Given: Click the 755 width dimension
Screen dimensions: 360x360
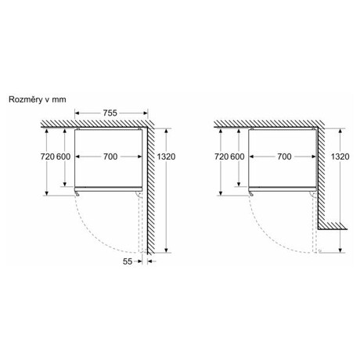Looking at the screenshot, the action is pos(110,113).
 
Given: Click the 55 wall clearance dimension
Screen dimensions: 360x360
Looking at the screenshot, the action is pos(128,261).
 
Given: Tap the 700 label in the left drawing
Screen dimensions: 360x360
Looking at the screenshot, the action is pos(110,157).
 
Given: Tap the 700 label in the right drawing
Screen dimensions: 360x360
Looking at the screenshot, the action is pos(284,157).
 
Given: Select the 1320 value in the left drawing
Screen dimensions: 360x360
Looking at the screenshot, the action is pos(166,157).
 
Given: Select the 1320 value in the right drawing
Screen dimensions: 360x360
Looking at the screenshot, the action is pos(340,157).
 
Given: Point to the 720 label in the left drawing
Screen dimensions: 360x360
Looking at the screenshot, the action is pos(48,157).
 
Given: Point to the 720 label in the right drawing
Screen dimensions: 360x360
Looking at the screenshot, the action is pos(221,157).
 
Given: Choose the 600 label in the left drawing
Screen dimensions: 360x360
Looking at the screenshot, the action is pos(63,157).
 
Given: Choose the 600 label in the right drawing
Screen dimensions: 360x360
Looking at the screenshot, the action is pos(237,157).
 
